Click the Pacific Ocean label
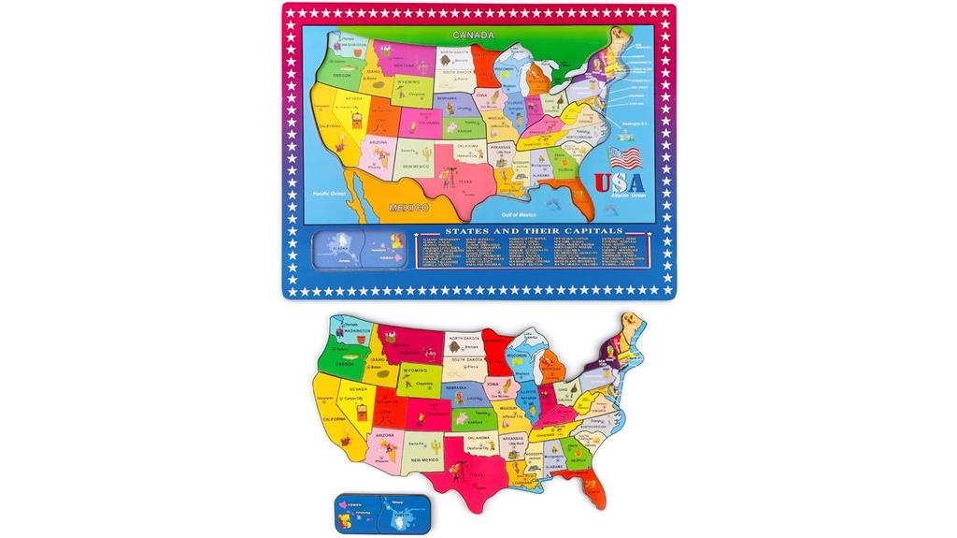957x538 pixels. coord(321,193)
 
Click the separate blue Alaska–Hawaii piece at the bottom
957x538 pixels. coord(372,513)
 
